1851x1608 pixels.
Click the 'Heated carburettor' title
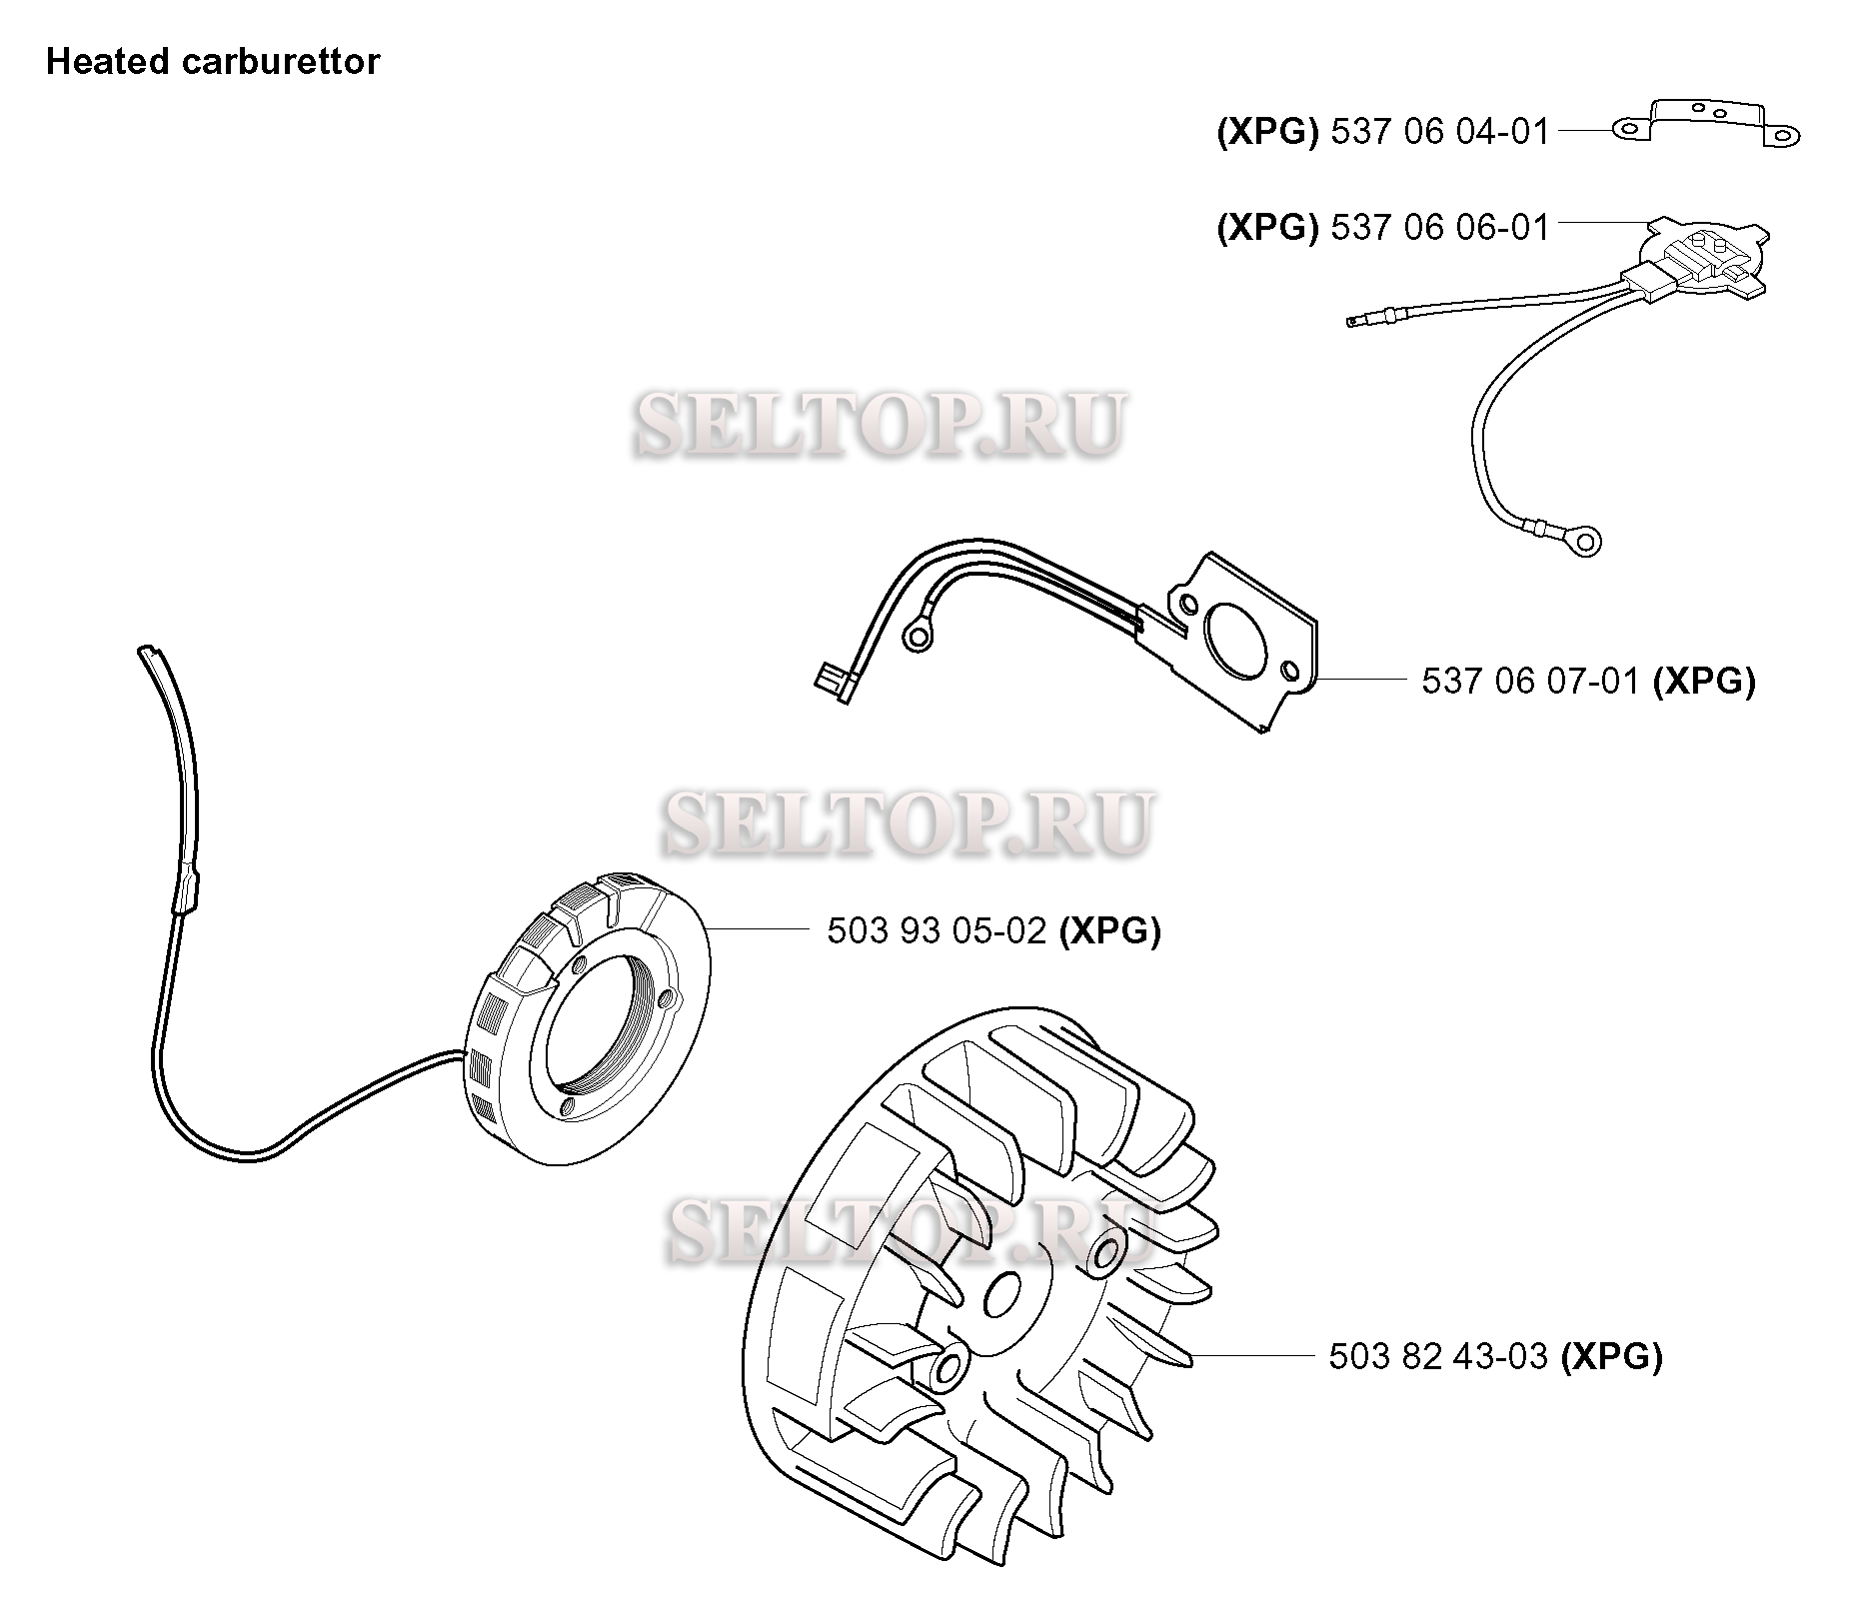click(x=213, y=62)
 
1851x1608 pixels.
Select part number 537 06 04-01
click(x=1439, y=131)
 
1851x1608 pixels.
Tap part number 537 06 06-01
click(x=1439, y=227)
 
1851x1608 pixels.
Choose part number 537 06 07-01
click(x=1530, y=681)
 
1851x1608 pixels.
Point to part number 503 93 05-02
click(x=936, y=930)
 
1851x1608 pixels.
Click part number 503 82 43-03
click(x=1438, y=1356)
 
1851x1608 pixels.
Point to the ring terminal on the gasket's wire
click(x=916, y=637)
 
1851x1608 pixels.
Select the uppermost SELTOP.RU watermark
click(x=881, y=424)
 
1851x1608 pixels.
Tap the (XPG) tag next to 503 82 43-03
click(x=1611, y=1356)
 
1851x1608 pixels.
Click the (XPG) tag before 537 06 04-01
click(x=1267, y=131)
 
